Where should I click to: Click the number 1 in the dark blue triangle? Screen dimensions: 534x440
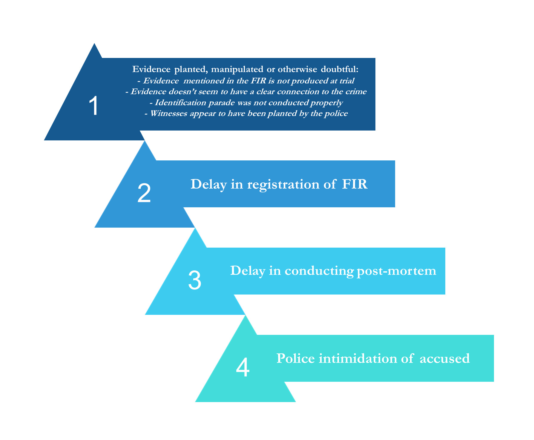click(94, 106)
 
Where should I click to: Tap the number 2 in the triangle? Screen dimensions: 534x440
click(144, 193)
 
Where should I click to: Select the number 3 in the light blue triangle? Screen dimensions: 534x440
click(195, 280)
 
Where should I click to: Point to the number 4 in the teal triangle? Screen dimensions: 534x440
click(243, 367)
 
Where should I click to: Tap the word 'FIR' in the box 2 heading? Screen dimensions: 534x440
click(355, 184)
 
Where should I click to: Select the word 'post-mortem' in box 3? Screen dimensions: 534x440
click(397, 271)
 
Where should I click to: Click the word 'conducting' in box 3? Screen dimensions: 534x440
click(319, 271)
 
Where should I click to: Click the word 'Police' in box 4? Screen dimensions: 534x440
click(296, 358)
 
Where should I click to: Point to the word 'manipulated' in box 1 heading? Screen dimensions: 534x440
click(237, 70)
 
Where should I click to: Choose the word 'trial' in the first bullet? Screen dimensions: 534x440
click(347, 81)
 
